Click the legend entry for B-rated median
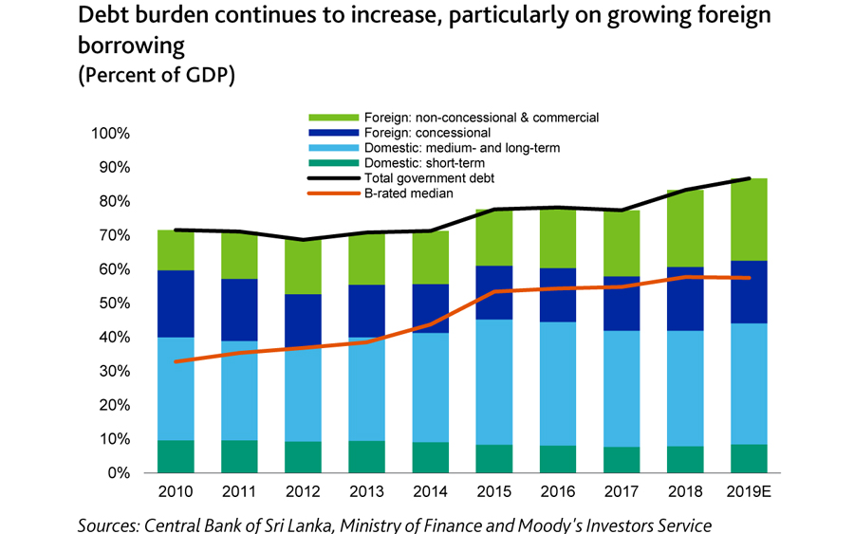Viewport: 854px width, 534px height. [409, 193]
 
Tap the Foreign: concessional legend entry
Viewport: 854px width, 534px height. [427, 133]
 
